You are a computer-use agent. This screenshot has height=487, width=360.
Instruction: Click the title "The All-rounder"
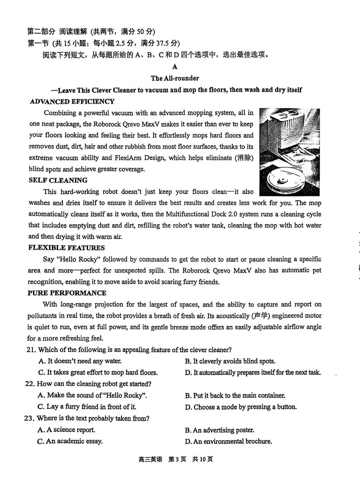click(175, 78)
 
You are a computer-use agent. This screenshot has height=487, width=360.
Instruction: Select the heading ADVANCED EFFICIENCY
click(72, 102)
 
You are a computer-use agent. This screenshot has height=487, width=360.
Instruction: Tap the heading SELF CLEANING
click(58, 180)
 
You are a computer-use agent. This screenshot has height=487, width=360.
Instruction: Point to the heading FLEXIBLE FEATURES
click(66, 247)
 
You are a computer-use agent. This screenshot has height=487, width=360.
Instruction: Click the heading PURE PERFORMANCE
click(67, 293)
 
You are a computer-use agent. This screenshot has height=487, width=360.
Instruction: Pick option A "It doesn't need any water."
click(80, 361)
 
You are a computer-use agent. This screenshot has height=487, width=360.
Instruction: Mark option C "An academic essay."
click(70, 441)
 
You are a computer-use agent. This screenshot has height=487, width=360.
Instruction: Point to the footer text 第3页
click(177, 459)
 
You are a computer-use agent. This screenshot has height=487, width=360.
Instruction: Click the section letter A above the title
click(175, 67)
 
